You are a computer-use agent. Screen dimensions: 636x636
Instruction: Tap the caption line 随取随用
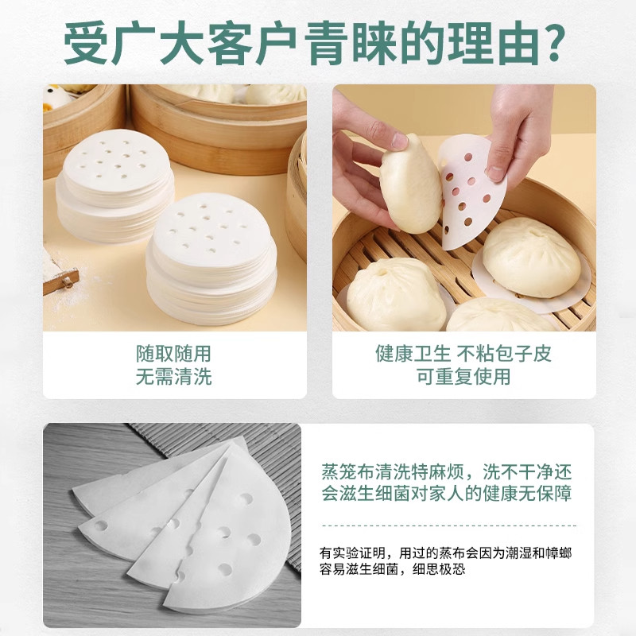click(173, 353)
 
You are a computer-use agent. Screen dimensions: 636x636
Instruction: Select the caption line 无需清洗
click(173, 377)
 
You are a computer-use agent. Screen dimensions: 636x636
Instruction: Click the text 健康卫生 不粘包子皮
click(463, 353)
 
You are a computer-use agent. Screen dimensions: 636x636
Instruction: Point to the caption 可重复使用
click(463, 377)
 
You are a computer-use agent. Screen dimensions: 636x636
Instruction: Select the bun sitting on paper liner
click(531, 258)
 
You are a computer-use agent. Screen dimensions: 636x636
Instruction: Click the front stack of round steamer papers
click(211, 254)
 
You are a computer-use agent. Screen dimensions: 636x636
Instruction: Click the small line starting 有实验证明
click(445, 552)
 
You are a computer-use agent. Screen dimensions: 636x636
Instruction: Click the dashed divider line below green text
click(448, 525)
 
